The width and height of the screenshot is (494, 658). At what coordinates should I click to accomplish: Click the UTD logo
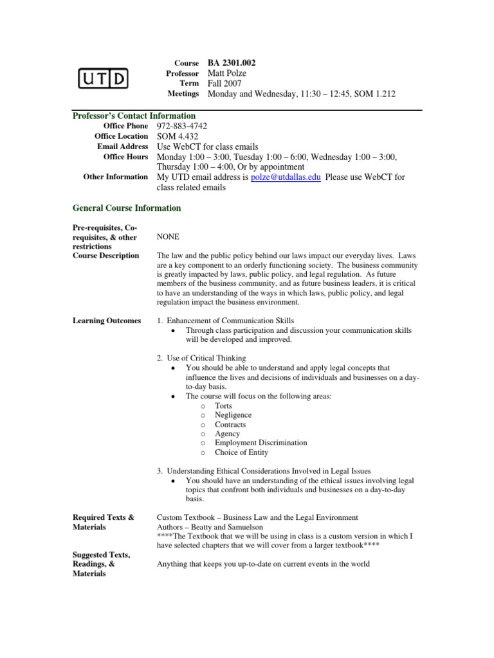pyautogui.click(x=103, y=79)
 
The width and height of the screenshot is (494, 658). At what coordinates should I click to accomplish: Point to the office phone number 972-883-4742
pyautogui.click(x=182, y=127)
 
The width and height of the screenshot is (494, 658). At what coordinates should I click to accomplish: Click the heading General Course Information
pyautogui.click(x=127, y=208)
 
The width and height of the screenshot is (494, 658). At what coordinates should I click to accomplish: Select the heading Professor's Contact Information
pyautogui.click(x=134, y=116)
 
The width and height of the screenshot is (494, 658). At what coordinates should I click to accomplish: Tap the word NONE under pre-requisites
pyautogui.click(x=169, y=237)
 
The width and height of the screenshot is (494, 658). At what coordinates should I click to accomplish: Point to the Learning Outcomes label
pyautogui.click(x=107, y=321)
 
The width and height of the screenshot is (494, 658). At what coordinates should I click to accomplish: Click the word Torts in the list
pyautogui.click(x=224, y=406)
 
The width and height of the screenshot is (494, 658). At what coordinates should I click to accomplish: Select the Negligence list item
pyautogui.click(x=233, y=415)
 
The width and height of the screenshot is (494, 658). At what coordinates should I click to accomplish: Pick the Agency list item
pyautogui.click(x=227, y=434)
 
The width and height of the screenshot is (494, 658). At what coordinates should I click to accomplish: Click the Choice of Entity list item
pyautogui.click(x=241, y=452)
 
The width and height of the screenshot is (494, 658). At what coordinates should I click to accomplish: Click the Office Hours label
pyautogui.click(x=125, y=157)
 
